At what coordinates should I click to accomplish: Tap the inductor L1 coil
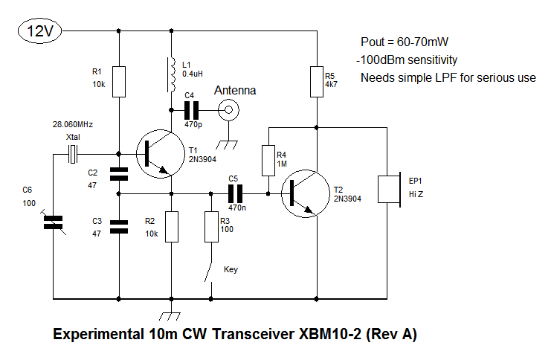click(x=173, y=72)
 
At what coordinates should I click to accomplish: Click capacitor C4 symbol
click(x=192, y=112)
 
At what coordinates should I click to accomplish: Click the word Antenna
click(x=235, y=91)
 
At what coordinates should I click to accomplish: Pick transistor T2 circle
click(x=304, y=192)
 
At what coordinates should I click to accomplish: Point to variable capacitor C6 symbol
click(x=54, y=222)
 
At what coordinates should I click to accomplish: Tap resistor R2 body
click(x=173, y=226)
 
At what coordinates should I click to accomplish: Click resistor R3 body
click(x=211, y=226)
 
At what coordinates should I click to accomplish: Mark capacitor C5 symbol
click(x=236, y=193)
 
